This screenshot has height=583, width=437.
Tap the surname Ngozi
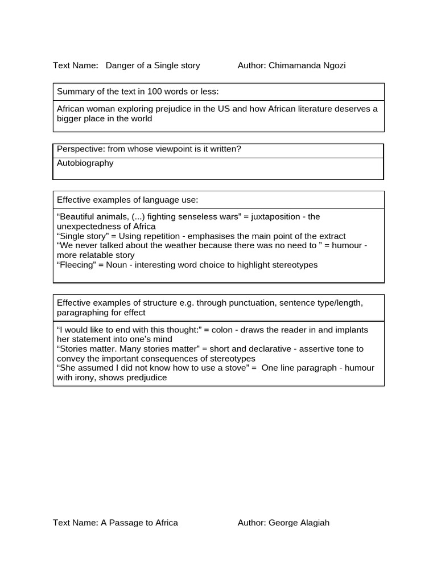(333, 65)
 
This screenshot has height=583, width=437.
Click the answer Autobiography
(85, 163)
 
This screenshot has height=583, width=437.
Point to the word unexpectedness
(88, 227)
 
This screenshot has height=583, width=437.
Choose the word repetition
(159, 236)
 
